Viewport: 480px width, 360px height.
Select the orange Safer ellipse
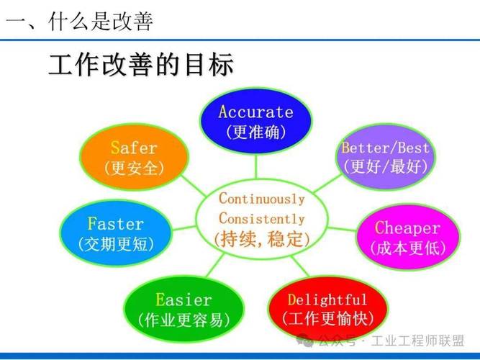134,157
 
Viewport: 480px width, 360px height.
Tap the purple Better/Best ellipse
386,157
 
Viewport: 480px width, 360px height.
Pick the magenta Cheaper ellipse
407,237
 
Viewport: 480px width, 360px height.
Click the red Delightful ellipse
327,308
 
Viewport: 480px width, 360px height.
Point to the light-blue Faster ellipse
115,234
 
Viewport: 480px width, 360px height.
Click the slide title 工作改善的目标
141,66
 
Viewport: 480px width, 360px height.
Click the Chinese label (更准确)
255,132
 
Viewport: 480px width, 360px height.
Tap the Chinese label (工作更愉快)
327,318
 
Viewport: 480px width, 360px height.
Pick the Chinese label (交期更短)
115,245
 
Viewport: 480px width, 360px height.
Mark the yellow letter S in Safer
115,148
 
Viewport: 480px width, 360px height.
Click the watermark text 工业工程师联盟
418,339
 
